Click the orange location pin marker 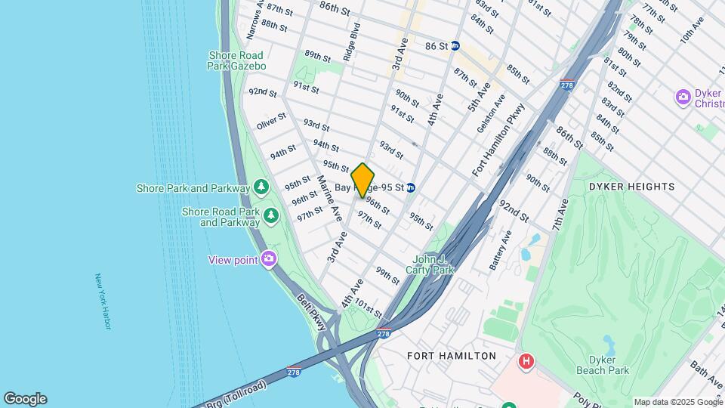[x=362, y=180]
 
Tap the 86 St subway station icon [x=455, y=46]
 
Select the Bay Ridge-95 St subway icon [x=411, y=187]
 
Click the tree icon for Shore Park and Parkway [x=261, y=186]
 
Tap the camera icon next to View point [x=269, y=260]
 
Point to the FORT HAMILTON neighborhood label [x=452, y=355]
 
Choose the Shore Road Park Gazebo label [x=237, y=61]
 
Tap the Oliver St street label [x=271, y=121]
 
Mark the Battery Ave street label [x=500, y=250]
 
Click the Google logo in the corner [x=25, y=399]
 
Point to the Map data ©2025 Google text [x=677, y=402]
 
